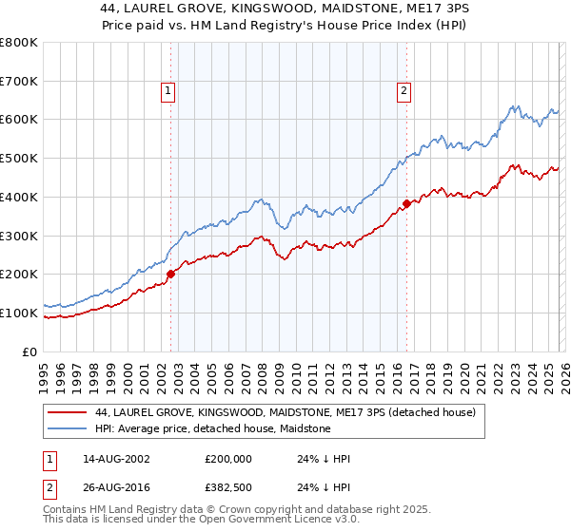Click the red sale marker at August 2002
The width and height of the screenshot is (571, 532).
pos(171,274)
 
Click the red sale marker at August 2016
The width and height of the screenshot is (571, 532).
pos(406,203)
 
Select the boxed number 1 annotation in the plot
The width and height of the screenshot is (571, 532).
pos(167,91)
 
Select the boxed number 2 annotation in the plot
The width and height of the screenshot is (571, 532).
pos(404,91)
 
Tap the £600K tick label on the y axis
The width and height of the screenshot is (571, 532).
pos(19,120)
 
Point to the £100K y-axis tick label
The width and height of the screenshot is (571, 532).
pos(19,313)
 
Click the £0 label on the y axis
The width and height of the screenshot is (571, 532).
pos(30,351)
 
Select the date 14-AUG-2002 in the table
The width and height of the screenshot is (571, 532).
pos(117,458)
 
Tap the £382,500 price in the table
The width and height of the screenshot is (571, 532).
pos(228,488)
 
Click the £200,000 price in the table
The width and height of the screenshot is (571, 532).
pos(228,458)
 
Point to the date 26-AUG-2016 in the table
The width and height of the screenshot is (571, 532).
pos(117,488)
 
